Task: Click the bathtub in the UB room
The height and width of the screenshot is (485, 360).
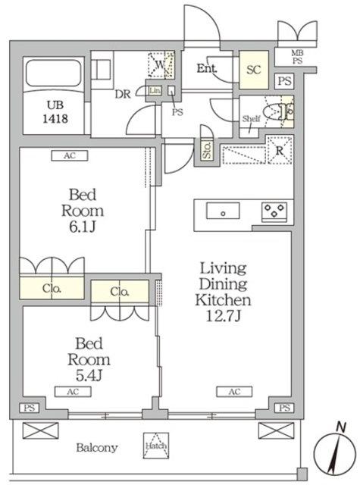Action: (53, 73)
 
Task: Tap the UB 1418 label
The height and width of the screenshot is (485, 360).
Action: (55, 111)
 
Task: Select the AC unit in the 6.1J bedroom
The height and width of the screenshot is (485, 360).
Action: (70, 155)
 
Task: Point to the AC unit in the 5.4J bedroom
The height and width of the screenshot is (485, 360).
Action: (73, 392)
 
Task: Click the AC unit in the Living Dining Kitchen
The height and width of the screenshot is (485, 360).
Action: (234, 392)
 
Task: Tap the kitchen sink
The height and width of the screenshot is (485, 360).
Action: (223, 211)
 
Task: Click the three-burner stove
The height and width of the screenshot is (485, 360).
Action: (274, 211)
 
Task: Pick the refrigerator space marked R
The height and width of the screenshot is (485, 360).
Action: (280, 150)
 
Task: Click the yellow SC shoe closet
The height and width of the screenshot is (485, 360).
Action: (254, 70)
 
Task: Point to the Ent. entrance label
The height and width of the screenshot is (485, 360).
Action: (207, 68)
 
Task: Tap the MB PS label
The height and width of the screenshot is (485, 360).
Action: (297, 58)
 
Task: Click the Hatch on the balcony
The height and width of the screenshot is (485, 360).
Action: (156, 446)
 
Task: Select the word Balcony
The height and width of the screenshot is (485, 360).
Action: (97, 448)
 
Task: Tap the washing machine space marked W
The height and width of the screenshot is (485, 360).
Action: (161, 65)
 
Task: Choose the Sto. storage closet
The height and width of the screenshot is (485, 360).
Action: (207, 150)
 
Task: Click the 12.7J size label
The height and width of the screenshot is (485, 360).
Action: (224, 316)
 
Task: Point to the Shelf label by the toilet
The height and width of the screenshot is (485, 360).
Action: (251, 119)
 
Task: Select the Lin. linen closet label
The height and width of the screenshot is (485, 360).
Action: (155, 91)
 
